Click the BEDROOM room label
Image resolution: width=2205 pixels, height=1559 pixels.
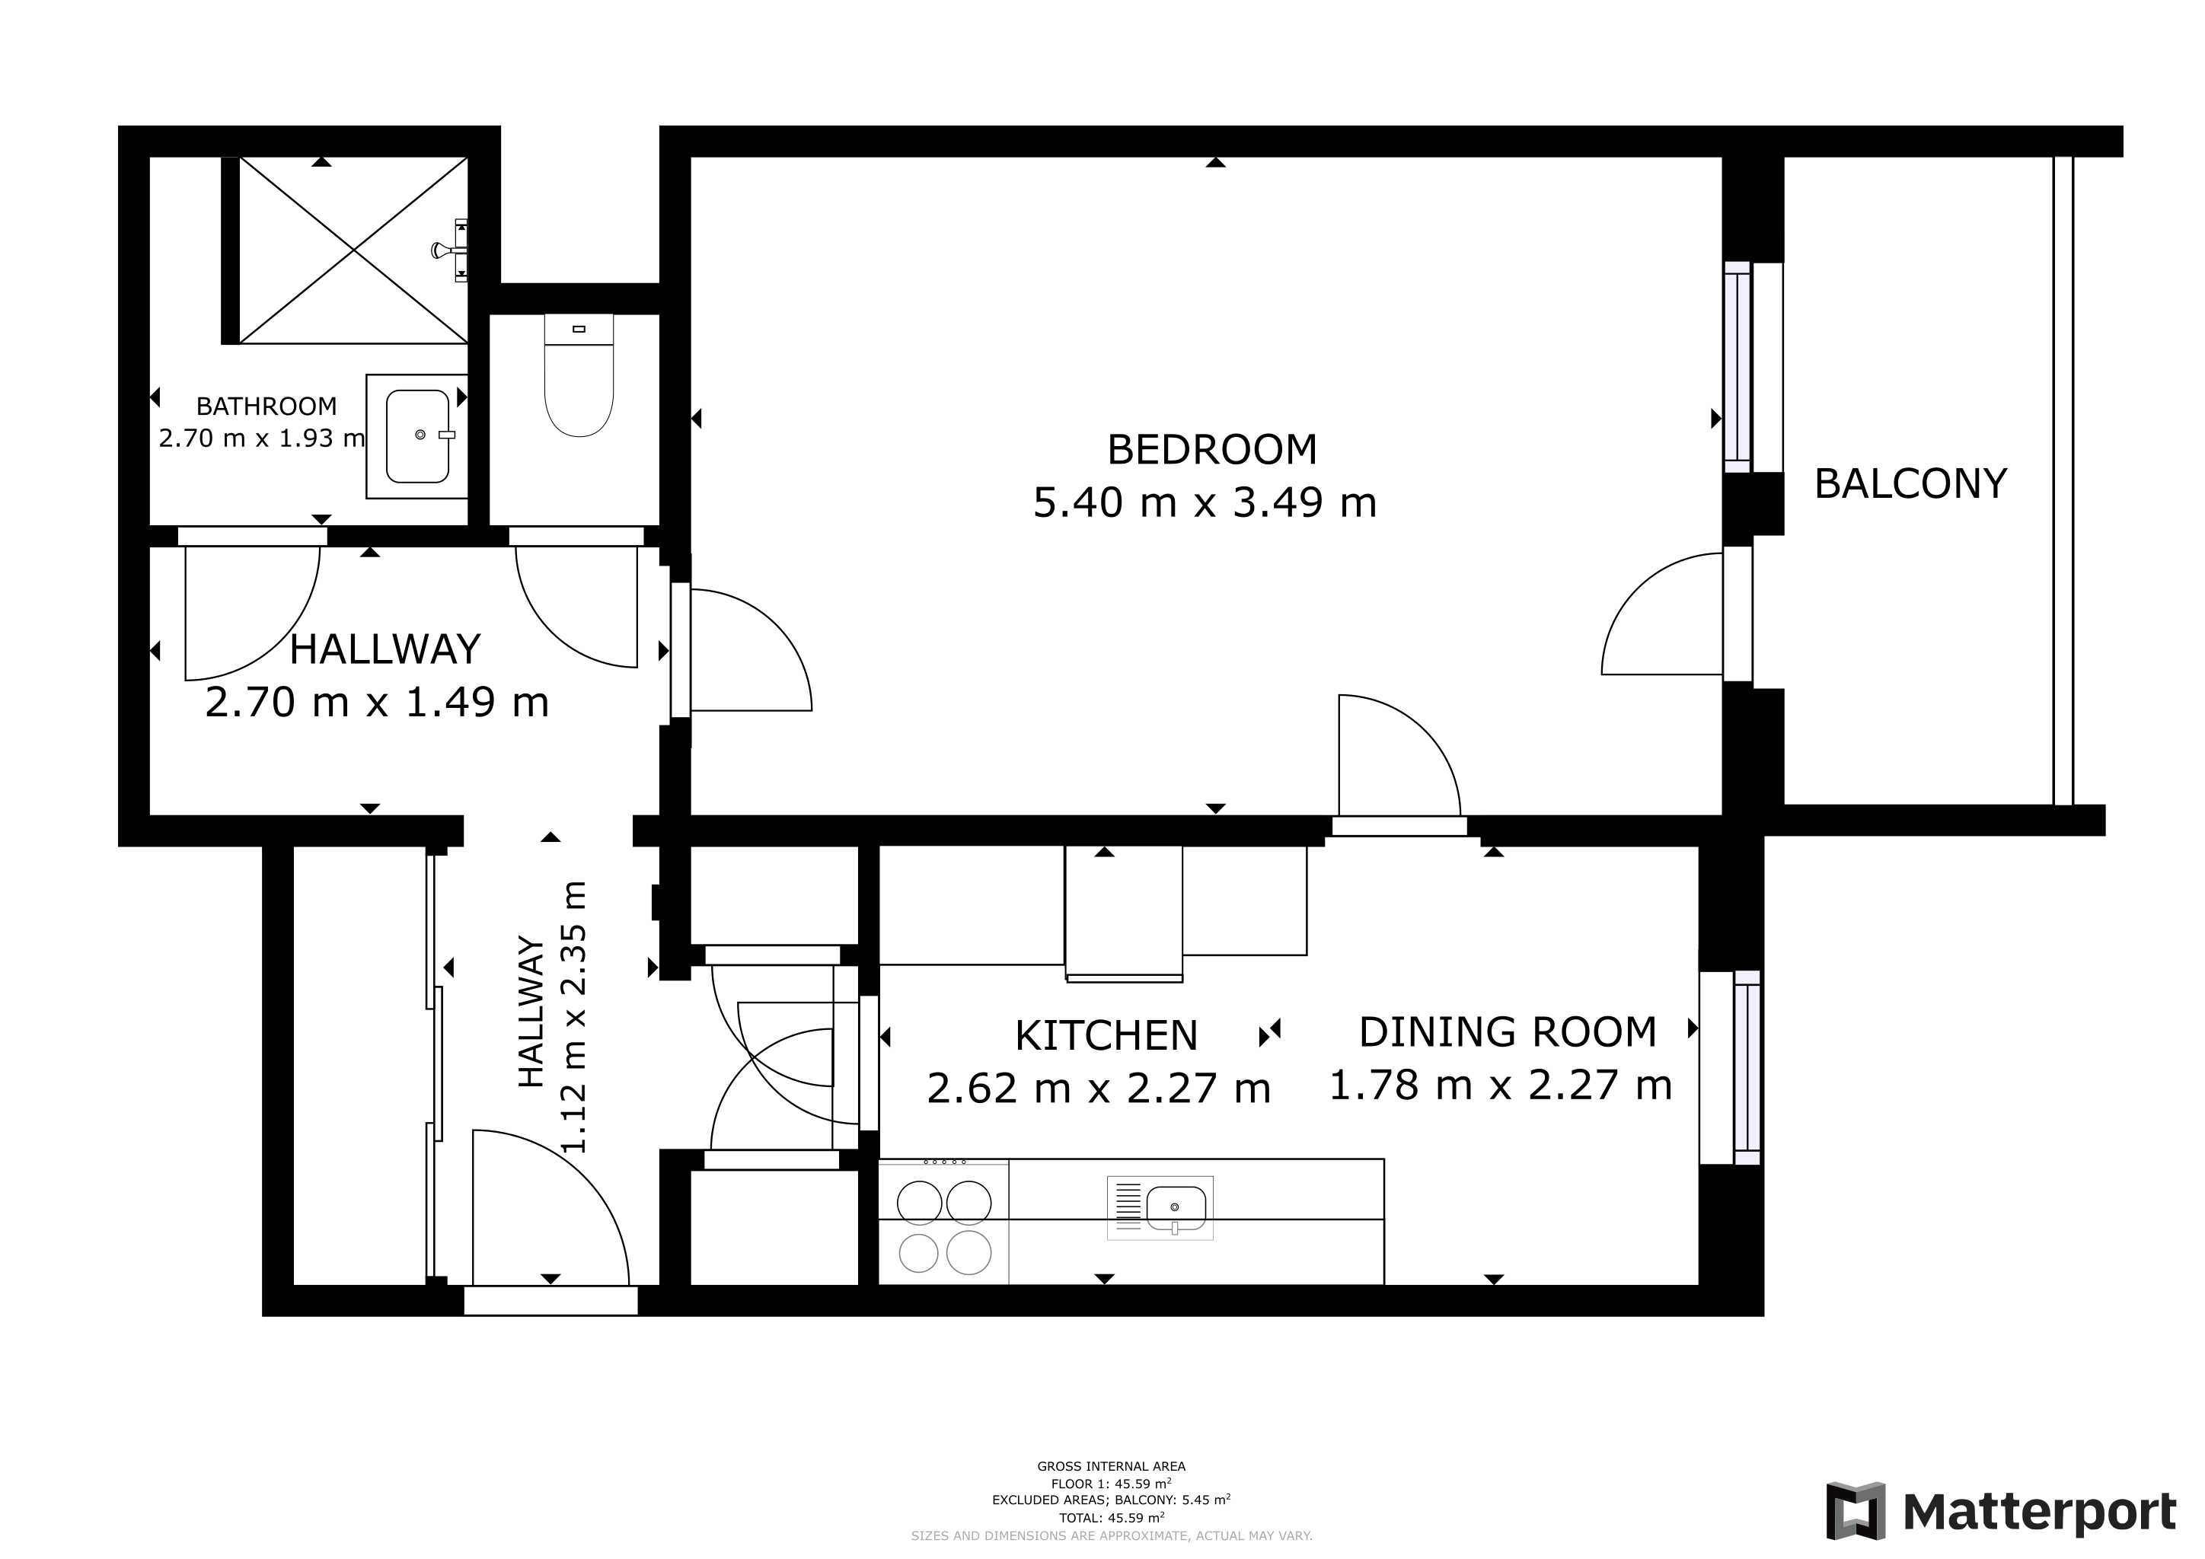pyautogui.click(x=1212, y=449)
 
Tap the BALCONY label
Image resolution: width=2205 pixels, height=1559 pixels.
pyautogui.click(x=1910, y=484)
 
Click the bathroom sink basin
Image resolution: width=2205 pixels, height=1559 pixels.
pyautogui.click(x=418, y=436)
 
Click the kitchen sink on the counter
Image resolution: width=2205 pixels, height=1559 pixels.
pyautogui.click(x=1160, y=1207)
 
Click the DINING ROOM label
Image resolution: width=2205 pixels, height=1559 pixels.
pyautogui.click(x=1508, y=1032)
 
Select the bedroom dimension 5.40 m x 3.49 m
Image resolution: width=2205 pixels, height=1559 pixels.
pyautogui.click(x=1205, y=503)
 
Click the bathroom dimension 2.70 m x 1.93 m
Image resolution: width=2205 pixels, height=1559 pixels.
pyautogui.click(x=261, y=438)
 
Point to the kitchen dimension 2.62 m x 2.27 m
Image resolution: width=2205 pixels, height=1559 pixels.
pyautogui.click(x=1099, y=1089)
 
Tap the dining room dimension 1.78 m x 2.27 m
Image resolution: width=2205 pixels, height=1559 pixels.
pyautogui.click(x=1500, y=1086)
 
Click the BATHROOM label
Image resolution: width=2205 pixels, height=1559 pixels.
pyautogui.click(x=267, y=406)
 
